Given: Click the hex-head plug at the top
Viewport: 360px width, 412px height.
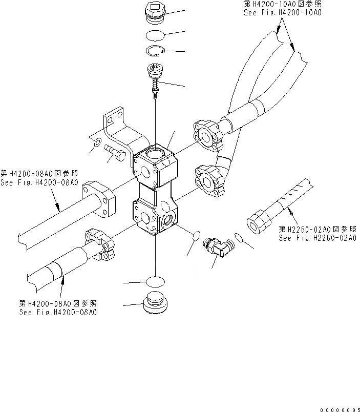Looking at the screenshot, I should pos(154,14).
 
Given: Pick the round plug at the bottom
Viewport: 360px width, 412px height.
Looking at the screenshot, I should pos(156,303).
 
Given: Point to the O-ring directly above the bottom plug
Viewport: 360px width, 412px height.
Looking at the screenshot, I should pos(155,281).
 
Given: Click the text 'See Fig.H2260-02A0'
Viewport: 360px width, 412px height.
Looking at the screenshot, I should pos(317,238).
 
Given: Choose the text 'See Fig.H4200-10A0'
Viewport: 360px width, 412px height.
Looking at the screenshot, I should pos(282,12).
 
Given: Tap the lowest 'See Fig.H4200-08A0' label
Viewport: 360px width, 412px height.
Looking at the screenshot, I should pos(58,312).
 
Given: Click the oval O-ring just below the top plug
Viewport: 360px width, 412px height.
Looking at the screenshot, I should pos(154,35).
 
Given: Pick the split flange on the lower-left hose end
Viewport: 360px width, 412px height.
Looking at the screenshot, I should pos(97,241).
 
